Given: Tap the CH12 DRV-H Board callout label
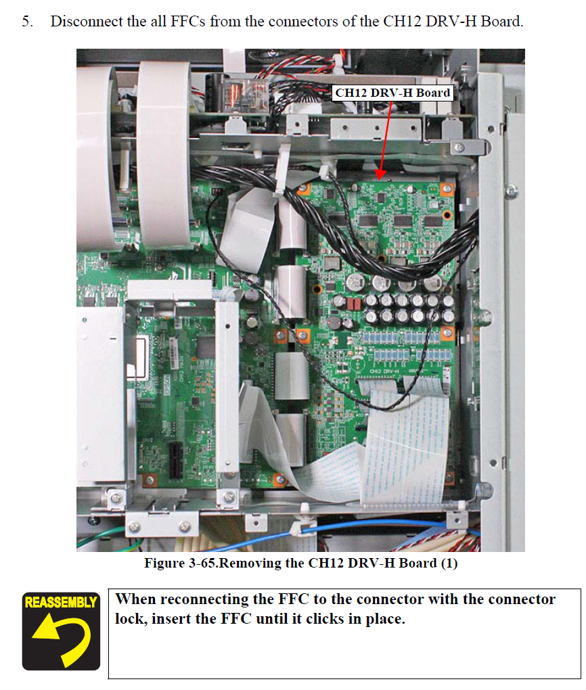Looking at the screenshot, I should pyautogui.click(x=392, y=93).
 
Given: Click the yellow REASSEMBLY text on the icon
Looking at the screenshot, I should pyautogui.click(x=61, y=602).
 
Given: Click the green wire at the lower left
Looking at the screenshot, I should pyautogui.click(x=102, y=538).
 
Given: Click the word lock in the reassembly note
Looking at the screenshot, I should pyautogui.click(x=131, y=619).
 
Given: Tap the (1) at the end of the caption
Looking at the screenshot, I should pyautogui.click(x=449, y=563).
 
